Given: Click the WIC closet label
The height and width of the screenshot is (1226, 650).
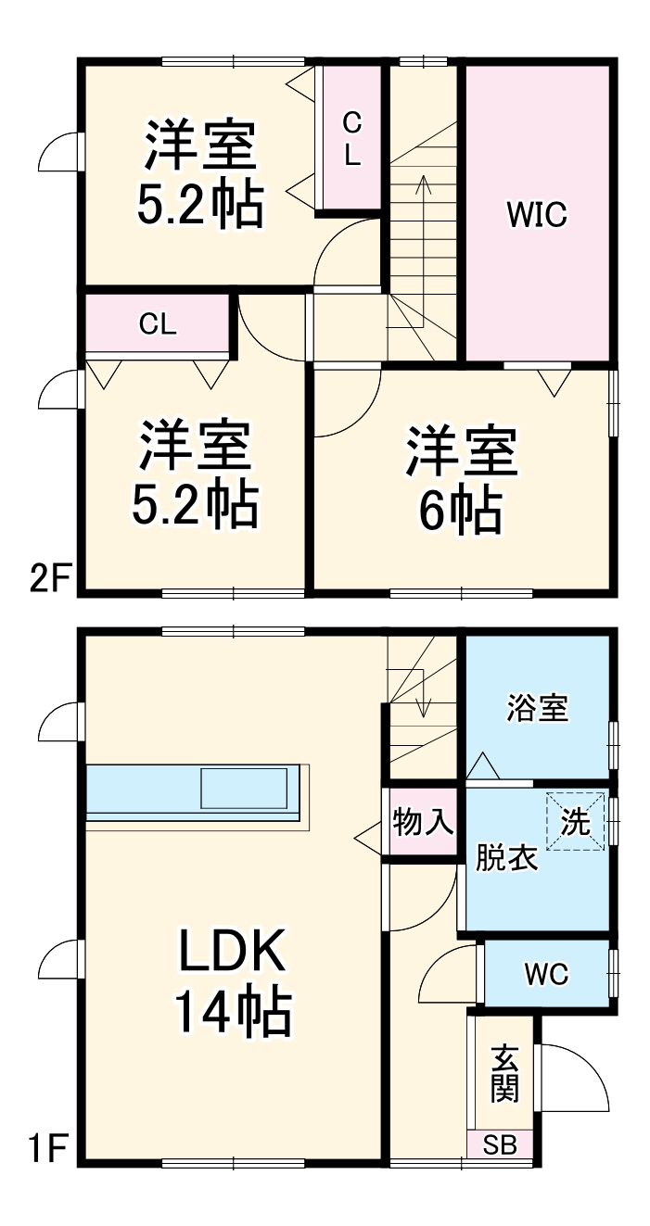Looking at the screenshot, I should tap(536, 216).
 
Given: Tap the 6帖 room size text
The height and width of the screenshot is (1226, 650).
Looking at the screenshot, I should tap(461, 510).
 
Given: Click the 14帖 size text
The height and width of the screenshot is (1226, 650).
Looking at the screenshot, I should tap(234, 1013).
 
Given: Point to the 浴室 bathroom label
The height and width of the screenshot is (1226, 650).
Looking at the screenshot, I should tap(537, 710).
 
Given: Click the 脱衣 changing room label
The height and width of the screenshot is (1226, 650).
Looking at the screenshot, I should tap(506, 859).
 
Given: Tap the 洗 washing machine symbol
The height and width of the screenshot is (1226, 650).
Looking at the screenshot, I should tap(576, 821).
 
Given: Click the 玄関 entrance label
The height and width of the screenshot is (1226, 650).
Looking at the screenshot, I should tap(503, 1074).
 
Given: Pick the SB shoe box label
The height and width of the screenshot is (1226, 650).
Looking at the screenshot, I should tap(501, 1145).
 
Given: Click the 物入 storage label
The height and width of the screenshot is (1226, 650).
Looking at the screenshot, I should tap(422, 822).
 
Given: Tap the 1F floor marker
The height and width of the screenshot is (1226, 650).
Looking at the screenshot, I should tap(46, 1151).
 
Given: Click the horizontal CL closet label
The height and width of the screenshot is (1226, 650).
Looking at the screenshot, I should tap(158, 324).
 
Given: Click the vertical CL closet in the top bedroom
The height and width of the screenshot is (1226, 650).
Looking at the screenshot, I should tap(351, 139).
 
